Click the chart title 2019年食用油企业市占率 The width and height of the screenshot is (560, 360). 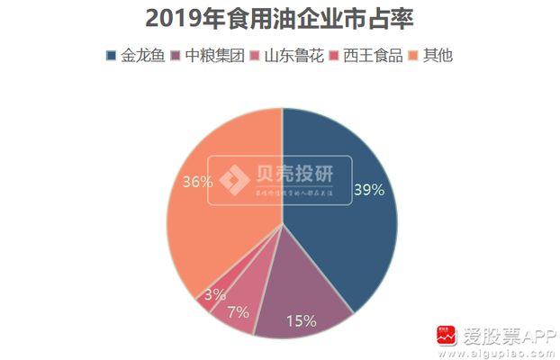pyautogui.click(x=279, y=19)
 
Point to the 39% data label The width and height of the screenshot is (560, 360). pyautogui.click(x=368, y=190)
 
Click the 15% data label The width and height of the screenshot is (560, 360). pyautogui.click(x=301, y=320)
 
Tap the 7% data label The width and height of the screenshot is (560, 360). pyautogui.click(x=238, y=312)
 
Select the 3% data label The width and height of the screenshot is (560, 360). pyautogui.click(x=214, y=294)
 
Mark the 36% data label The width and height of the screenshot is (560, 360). pyautogui.click(x=198, y=182)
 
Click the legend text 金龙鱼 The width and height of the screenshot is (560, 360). pyautogui.click(x=141, y=56)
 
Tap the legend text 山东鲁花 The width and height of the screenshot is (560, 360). pyautogui.click(x=292, y=56)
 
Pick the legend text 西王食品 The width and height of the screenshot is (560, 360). pyautogui.click(x=372, y=56)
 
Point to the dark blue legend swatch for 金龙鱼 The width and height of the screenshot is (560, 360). pyautogui.click(x=111, y=56)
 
